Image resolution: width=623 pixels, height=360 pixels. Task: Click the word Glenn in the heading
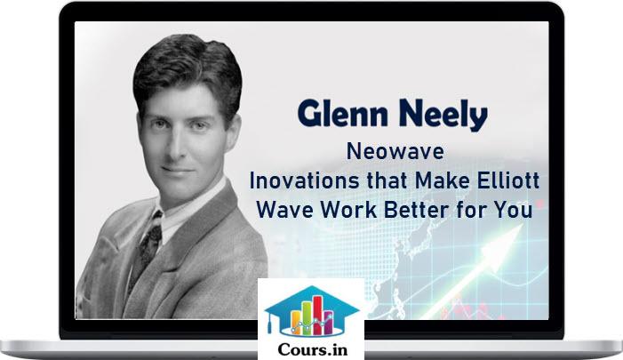click(342, 114)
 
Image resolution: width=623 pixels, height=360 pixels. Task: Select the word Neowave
click(395, 151)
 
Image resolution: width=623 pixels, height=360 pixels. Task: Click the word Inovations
click(306, 180)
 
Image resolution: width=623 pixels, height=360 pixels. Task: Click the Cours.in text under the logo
click(313, 349)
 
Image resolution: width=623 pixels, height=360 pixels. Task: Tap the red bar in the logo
click(317, 316)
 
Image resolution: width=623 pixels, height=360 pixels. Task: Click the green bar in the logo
click(307, 318)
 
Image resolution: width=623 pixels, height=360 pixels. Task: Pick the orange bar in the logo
click(296, 323)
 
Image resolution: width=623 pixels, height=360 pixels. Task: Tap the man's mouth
click(178, 170)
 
